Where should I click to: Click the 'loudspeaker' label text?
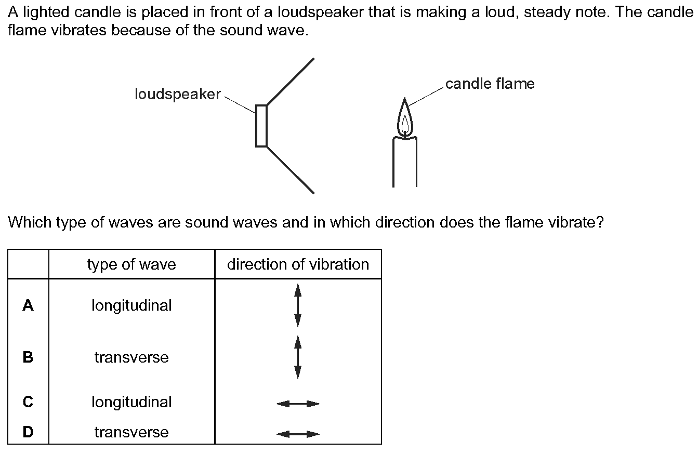coord(178,95)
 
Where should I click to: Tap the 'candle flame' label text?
coord(490,84)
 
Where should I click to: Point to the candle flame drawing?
coord(405,118)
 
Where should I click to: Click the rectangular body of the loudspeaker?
coord(261,126)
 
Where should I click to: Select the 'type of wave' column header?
coord(131,264)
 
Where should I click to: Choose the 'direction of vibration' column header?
coord(298,264)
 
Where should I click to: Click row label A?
coord(28,305)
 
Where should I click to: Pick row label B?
coord(28,357)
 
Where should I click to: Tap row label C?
coord(28,402)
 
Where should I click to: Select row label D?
coord(28,432)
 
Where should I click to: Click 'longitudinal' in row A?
coord(131,306)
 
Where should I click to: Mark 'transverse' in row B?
coord(131,357)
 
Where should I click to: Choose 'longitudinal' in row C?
coord(131,402)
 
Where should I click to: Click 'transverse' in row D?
coord(131,432)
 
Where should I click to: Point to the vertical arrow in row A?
coord(298,305)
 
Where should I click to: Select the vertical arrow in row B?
coord(298,357)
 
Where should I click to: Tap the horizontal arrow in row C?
coord(298,404)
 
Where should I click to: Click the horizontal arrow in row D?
coord(298,434)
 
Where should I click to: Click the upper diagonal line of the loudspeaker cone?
coord(290,82)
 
